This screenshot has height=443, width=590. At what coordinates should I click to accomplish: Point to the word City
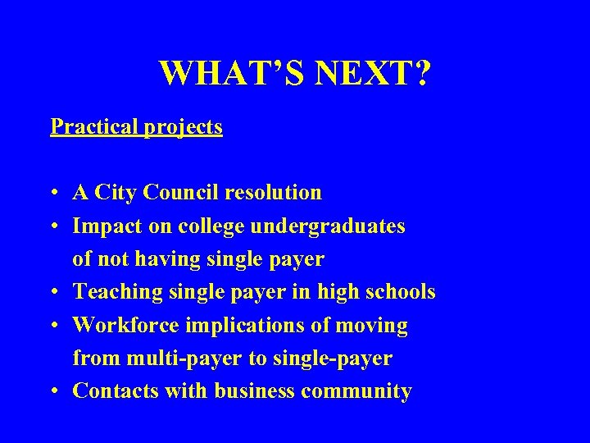point(116,193)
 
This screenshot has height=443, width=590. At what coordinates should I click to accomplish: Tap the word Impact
point(102,226)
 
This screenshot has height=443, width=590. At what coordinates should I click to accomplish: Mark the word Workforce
point(126,326)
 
